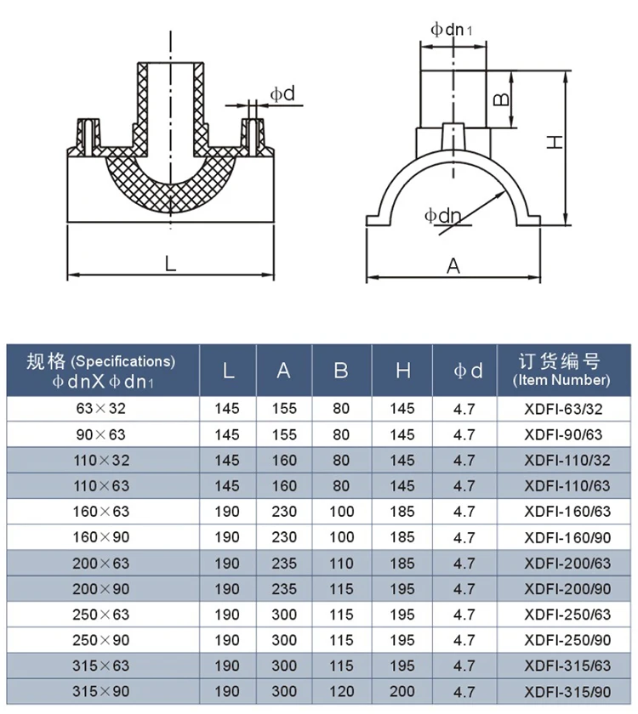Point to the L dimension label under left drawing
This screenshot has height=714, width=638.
[x=170, y=264]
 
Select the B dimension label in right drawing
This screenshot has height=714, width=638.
[x=502, y=100]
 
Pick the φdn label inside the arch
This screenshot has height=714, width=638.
[x=442, y=216]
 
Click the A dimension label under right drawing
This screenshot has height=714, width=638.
[x=453, y=266]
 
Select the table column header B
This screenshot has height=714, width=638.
[x=340, y=371]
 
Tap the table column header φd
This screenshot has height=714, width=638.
[x=467, y=371]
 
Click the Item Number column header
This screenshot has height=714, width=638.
[x=561, y=371]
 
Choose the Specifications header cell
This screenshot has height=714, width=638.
[x=101, y=371]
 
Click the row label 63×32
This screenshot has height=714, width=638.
[x=101, y=409]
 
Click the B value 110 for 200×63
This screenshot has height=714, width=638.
[x=340, y=563]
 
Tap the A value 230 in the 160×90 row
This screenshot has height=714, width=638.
[x=284, y=537]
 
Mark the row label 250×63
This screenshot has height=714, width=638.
[x=101, y=615]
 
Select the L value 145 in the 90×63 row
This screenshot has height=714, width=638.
[x=227, y=434]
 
